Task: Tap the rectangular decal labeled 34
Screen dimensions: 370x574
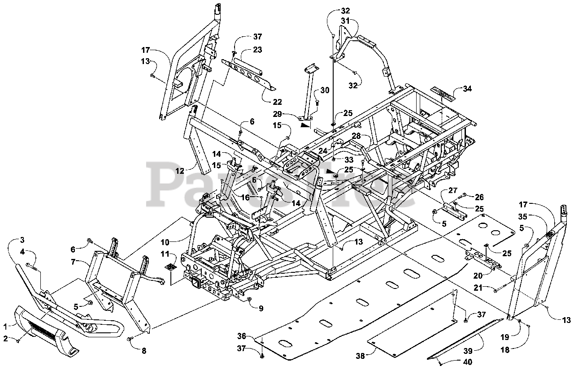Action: [442, 92]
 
